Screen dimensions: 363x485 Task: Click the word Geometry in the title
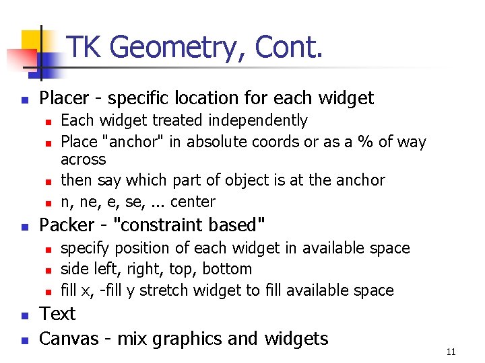pyautogui.click(x=177, y=48)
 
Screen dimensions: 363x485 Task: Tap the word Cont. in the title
pyautogui.click(x=288, y=47)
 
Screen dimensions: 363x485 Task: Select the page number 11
pyautogui.click(x=451, y=352)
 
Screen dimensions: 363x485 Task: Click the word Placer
pyautogui.click(x=64, y=99)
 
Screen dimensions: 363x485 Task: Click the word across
pyautogui.click(x=83, y=160)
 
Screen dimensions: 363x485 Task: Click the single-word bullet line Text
pyautogui.click(x=57, y=314)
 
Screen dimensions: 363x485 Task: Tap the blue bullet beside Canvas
pyautogui.click(x=24, y=339)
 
